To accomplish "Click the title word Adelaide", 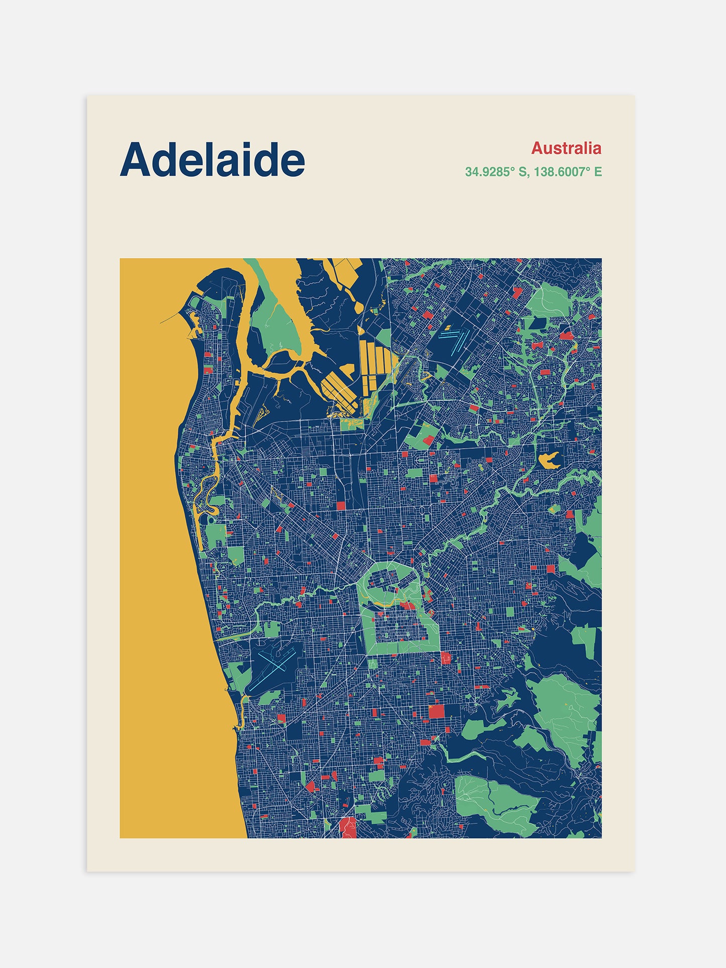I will coord(212,160).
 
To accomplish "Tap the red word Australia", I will coord(566,148).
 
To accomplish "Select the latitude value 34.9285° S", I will coord(496,172).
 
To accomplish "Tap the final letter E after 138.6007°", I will coord(598,172).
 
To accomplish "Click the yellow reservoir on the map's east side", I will coord(549,459).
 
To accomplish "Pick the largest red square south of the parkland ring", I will coord(436,712).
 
